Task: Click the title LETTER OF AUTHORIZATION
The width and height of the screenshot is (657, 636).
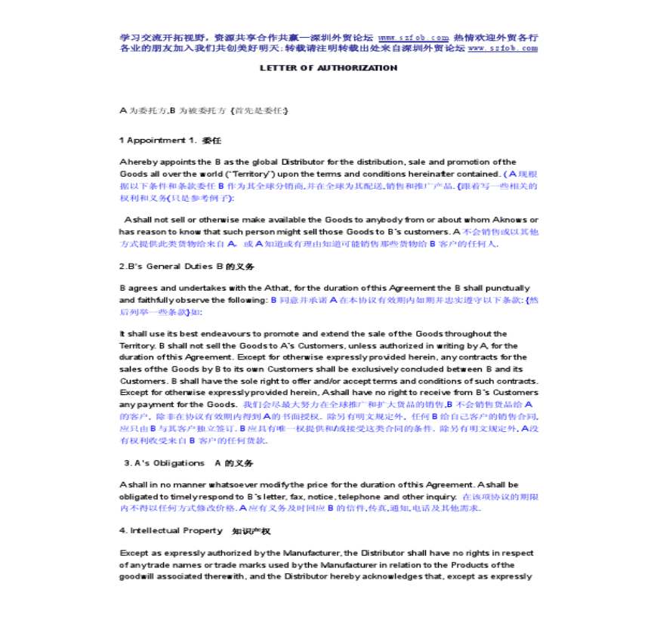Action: pos(328,68)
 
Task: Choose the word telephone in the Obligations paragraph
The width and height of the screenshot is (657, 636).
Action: pos(359,497)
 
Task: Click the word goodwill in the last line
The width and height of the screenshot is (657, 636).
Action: pos(137,577)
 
